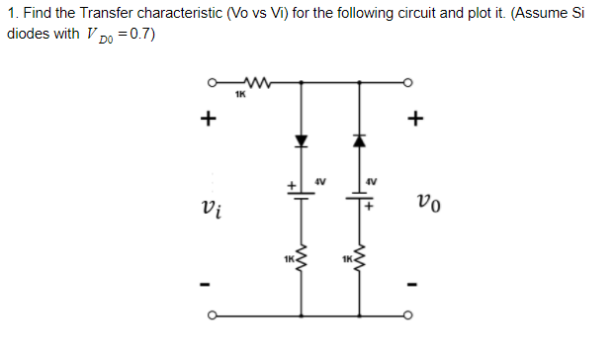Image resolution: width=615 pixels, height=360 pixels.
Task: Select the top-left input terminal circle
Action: [209, 83]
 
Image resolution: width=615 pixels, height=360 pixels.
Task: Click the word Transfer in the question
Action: [117, 14]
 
